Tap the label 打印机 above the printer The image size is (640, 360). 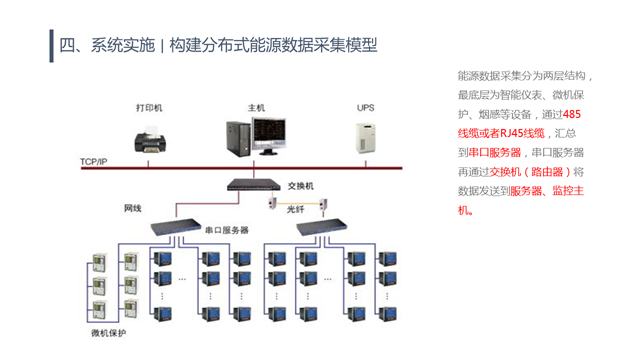click(x=149, y=107)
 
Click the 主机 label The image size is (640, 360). click(x=257, y=107)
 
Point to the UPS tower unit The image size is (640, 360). click(x=366, y=137)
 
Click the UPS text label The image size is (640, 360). click(x=366, y=107)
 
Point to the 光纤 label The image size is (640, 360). click(x=298, y=211)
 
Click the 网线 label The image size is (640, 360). click(x=132, y=209)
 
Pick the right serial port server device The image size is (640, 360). click(x=321, y=226)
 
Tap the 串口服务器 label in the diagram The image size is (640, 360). click(x=227, y=230)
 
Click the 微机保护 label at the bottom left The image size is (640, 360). click(x=109, y=333)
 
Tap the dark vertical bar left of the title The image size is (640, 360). click(x=51, y=45)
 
